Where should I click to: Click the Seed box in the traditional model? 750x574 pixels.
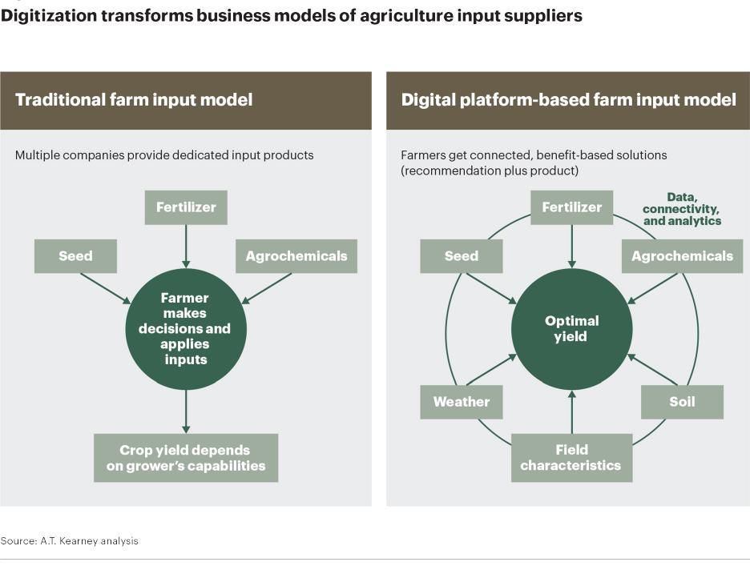75,256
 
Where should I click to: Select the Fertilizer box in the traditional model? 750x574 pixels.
186,207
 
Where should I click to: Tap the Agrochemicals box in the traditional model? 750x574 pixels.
296,256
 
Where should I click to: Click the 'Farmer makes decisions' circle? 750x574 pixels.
185,328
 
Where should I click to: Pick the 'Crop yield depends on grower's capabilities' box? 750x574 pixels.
185,458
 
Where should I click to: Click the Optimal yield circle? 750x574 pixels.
571,328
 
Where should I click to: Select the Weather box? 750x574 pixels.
461,402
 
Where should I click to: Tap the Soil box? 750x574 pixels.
682,402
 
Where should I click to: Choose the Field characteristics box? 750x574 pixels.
571,458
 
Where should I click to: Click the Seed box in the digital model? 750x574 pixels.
461,256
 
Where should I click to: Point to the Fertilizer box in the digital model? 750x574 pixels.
571,207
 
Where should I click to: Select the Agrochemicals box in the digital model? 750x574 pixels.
682,256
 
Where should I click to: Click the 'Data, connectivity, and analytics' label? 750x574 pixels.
682,209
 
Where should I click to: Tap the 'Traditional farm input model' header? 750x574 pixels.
134,100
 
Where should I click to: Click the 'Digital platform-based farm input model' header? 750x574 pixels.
568,100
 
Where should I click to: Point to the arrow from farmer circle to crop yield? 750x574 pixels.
186,411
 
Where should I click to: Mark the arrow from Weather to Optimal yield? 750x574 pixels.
490,370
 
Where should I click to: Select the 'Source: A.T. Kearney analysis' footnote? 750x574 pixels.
70,541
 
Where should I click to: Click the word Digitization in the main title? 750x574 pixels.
48,16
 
